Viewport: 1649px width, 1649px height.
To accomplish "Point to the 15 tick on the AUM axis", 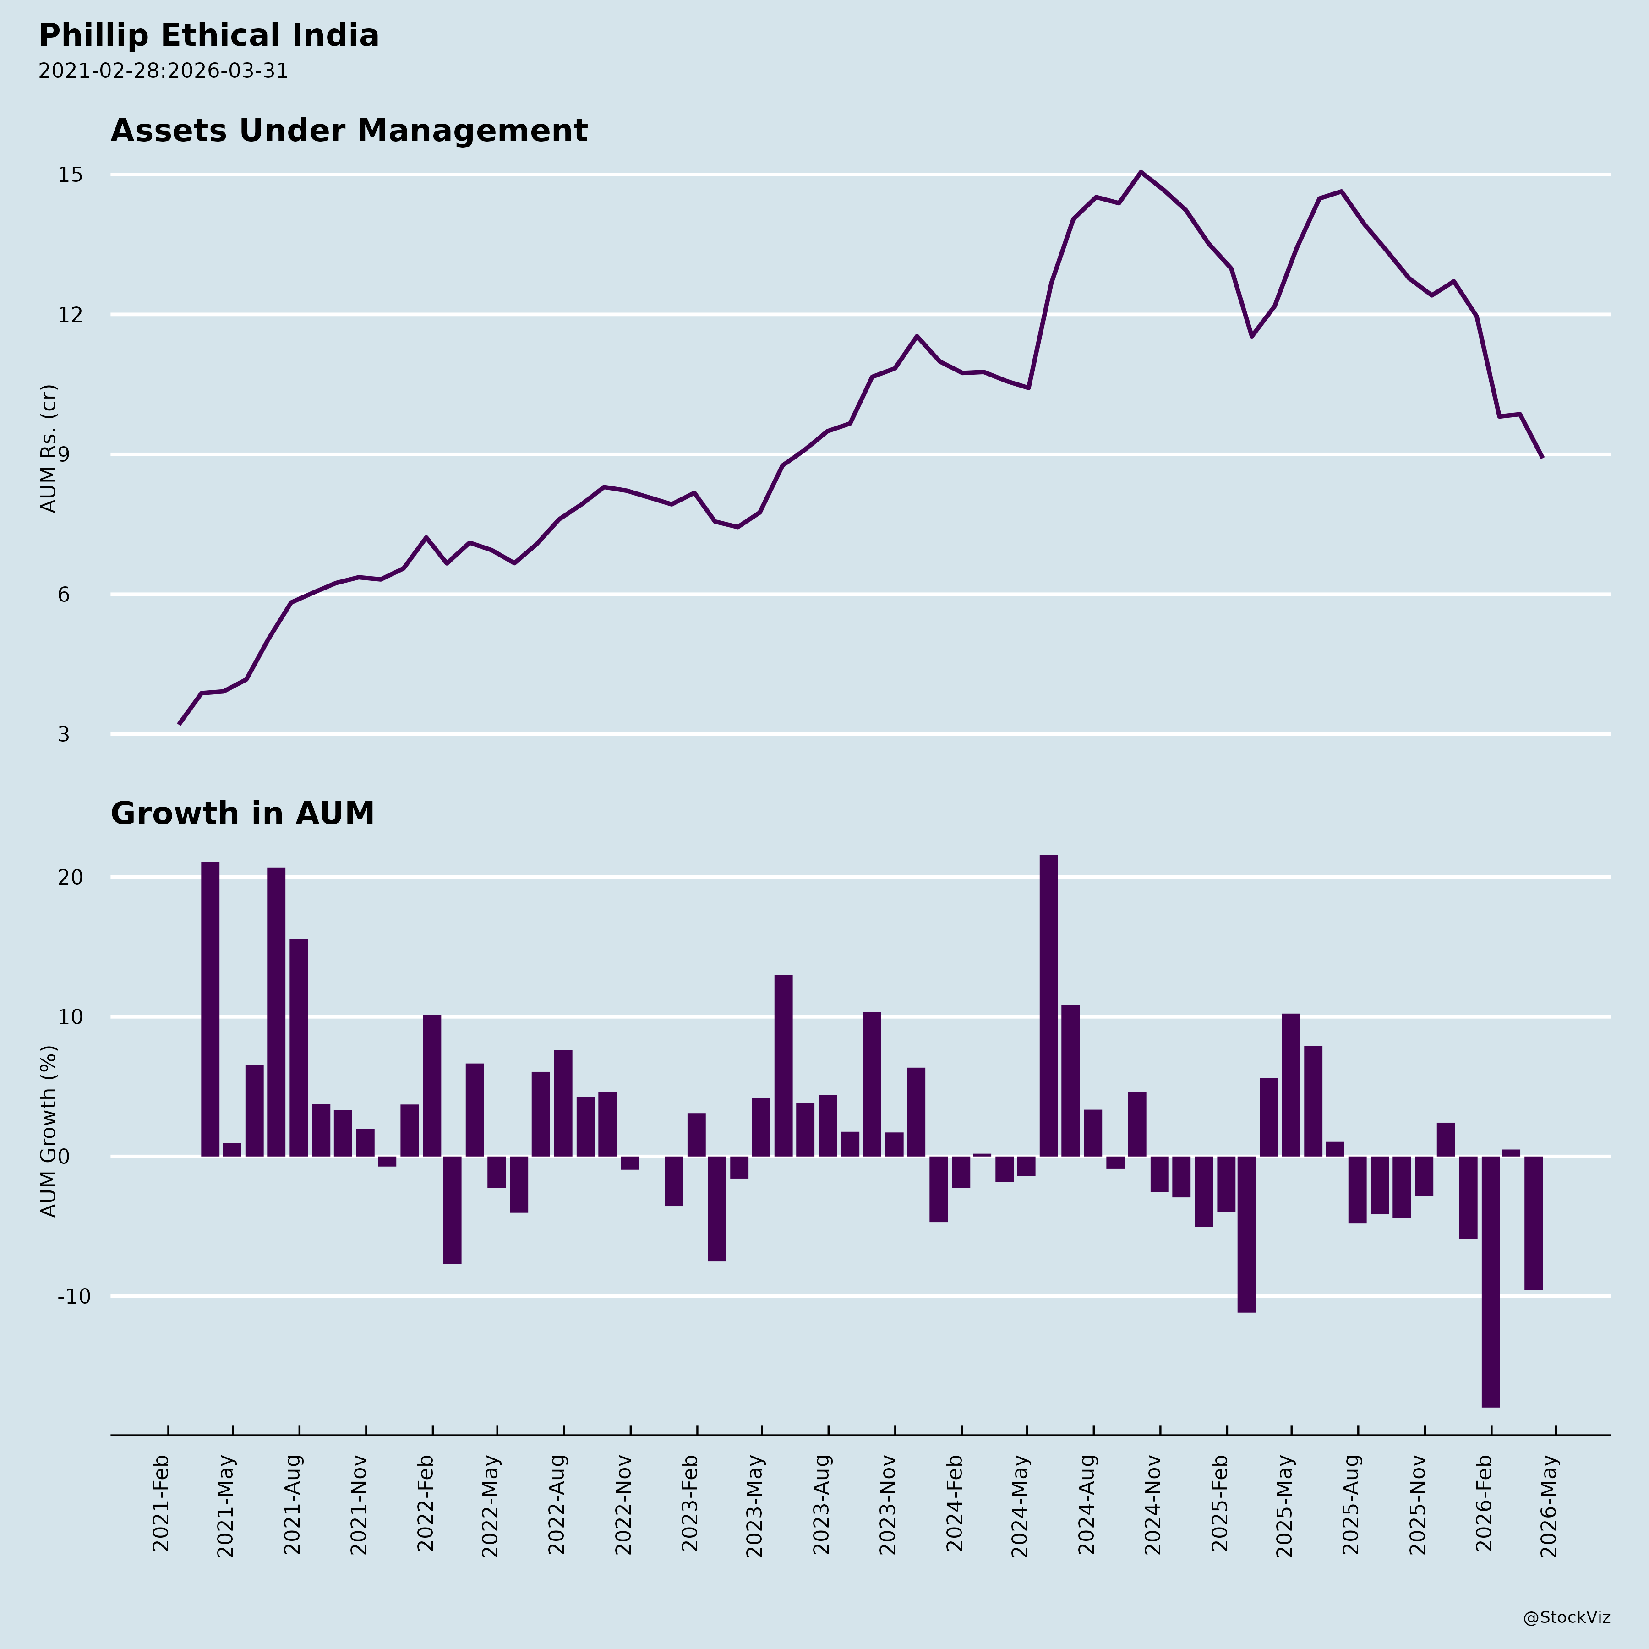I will [x=70, y=175].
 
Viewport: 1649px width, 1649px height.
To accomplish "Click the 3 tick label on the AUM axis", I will [x=64, y=734].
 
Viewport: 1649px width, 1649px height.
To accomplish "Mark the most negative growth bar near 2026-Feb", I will [x=1490, y=1280].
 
